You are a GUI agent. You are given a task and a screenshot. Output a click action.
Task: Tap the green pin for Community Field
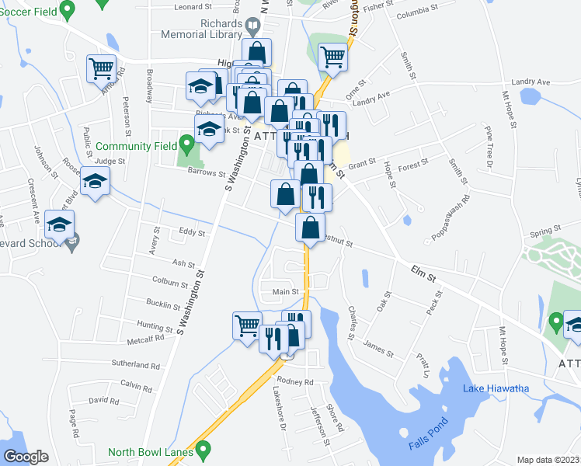(186, 144)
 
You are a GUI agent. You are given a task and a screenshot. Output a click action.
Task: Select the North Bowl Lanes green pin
(204, 448)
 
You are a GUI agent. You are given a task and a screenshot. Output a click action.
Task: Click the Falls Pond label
(426, 444)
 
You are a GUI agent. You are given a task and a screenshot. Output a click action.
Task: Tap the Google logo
(26, 457)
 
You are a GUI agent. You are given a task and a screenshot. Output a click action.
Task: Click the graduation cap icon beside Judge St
(96, 182)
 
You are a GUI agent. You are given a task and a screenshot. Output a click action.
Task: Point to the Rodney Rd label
(295, 382)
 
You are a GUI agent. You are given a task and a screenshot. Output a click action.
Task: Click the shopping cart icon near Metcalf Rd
(248, 324)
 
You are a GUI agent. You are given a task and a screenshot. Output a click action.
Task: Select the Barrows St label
(206, 175)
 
